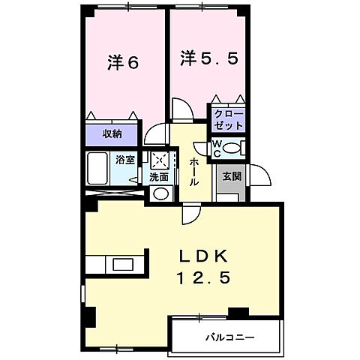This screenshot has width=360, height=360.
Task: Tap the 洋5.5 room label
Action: (x=209, y=59)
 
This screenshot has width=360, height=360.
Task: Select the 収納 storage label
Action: (x=112, y=134)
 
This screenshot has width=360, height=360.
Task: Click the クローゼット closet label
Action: (x=227, y=118)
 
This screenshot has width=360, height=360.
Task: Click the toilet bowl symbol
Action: (x=234, y=147)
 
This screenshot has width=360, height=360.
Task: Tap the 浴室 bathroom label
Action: (x=124, y=159)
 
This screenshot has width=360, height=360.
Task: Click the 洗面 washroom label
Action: (x=159, y=178)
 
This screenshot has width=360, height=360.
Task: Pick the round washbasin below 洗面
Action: (x=160, y=194)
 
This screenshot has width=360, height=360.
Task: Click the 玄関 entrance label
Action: (x=231, y=177)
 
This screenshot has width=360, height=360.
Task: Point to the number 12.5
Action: (x=202, y=278)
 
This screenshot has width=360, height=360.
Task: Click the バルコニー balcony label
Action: (x=229, y=337)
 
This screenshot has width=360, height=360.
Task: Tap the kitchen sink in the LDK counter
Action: (x=120, y=264)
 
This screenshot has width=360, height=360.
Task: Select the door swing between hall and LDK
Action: (x=191, y=214)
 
